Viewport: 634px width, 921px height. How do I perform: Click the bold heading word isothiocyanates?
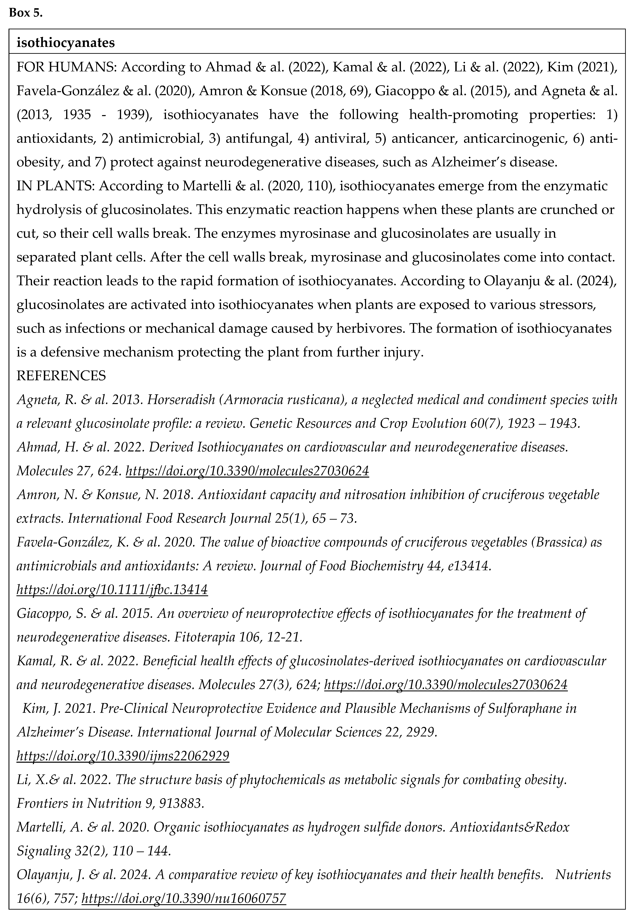[x=65, y=43]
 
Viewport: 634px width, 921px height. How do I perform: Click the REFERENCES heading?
[x=61, y=375]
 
